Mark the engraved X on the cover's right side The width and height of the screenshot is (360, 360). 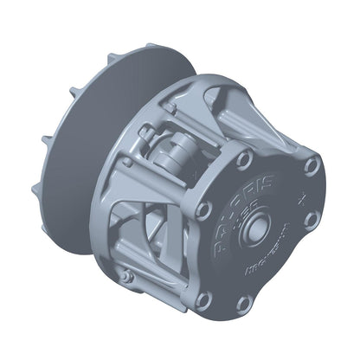pos(300,198)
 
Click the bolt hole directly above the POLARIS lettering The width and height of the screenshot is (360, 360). pos(244,160)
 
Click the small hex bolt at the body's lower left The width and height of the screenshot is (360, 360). pos(127,276)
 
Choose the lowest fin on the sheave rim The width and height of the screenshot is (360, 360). pos(37,188)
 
